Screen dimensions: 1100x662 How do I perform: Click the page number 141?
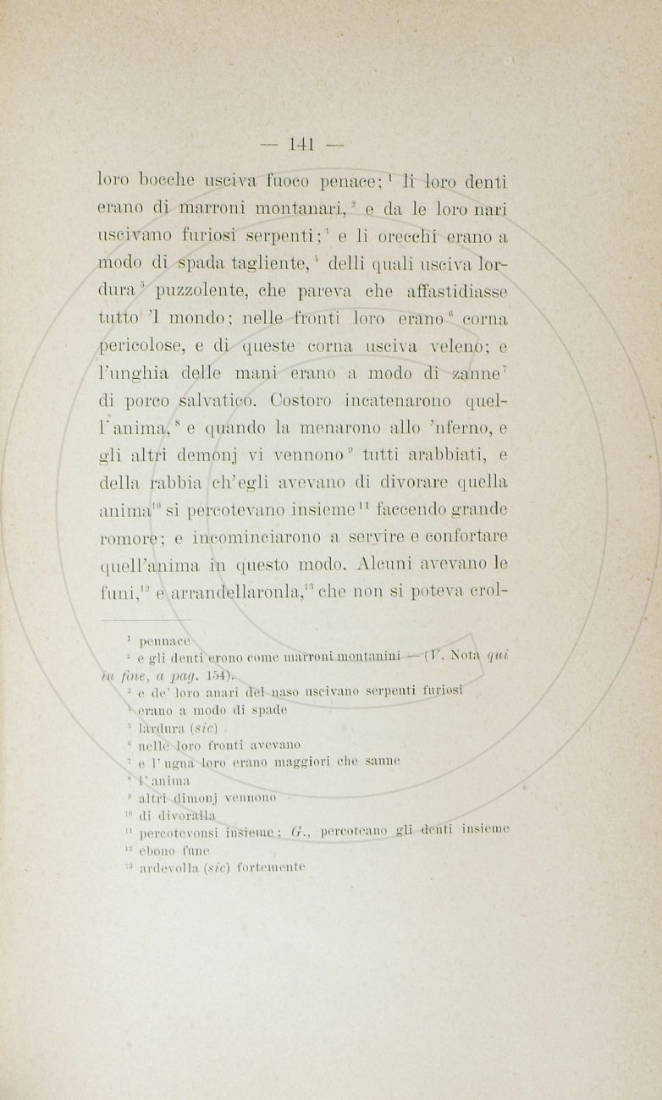click(302, 144)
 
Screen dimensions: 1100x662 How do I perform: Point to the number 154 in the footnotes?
click(215, 674)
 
